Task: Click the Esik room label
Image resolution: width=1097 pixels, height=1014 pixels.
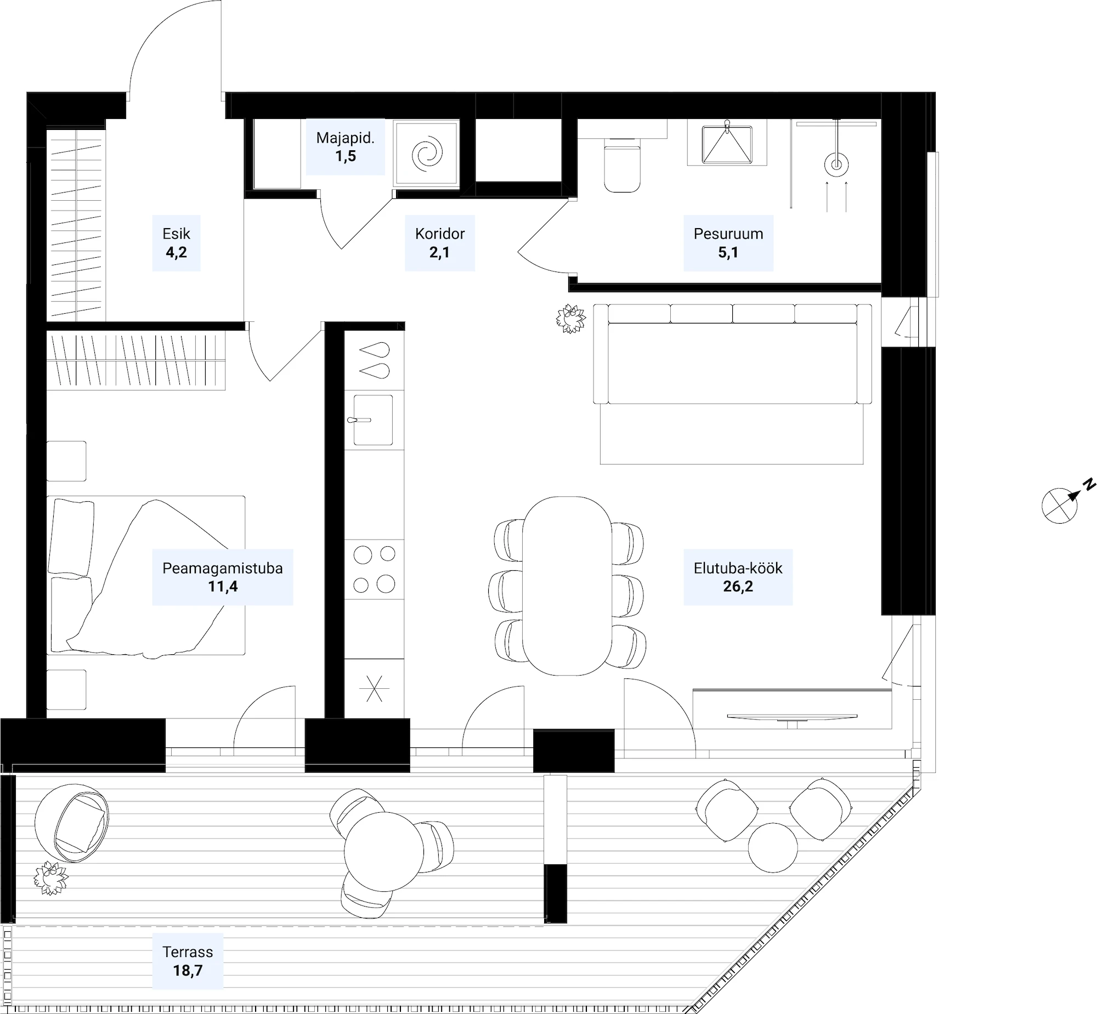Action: coord(176,234)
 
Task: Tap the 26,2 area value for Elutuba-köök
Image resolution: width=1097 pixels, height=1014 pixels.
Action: coord(738,586)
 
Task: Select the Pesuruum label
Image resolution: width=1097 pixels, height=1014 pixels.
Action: coord(728,234)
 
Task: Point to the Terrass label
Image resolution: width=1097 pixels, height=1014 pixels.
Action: coord(188,951)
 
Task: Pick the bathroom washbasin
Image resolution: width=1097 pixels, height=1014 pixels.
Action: coord(727,144)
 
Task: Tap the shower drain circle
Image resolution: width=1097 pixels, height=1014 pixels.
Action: coord(836,164)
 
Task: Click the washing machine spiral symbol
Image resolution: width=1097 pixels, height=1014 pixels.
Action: coord(426,154)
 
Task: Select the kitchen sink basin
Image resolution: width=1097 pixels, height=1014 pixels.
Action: coord(373,420)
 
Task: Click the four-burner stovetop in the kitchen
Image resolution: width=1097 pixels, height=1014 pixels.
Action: coord(374,569)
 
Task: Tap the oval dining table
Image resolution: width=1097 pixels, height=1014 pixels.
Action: coord(567,586)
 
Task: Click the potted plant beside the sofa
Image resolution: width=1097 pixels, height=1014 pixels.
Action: coord(571,319)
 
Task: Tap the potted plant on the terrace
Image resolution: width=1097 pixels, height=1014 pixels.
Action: coord(50,879)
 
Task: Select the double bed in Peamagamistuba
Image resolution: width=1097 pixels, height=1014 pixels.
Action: coord(146,576)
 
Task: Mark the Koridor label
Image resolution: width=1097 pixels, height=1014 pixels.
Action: coord(439,234)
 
